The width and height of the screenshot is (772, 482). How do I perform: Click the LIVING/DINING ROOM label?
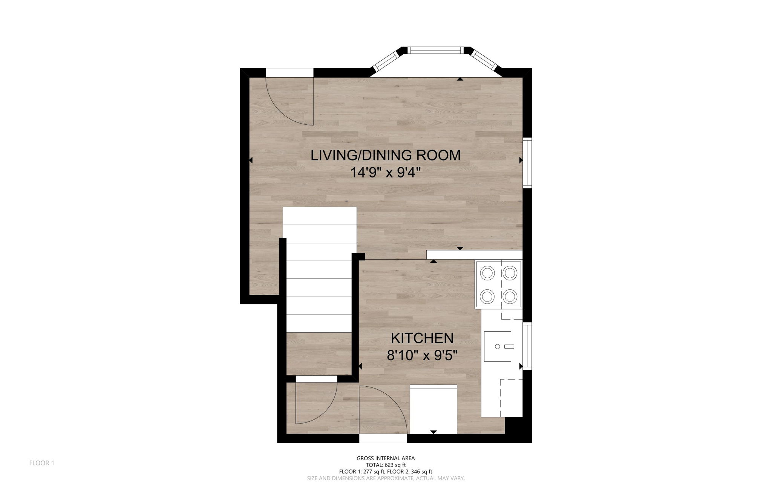[385, 155]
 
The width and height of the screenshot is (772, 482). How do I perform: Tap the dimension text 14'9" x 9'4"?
[385, 173]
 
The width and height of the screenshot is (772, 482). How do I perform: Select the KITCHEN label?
[422, 338]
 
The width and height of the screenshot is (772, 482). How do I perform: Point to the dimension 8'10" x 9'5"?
[422, 355]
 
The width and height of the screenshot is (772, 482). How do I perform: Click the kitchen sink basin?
[497, 346]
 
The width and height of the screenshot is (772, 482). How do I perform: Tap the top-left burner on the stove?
[487, 273]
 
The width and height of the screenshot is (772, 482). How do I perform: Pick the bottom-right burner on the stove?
[510, 297]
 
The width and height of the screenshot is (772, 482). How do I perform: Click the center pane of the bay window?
[436, 50]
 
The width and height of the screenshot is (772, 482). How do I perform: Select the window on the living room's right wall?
[527, 163]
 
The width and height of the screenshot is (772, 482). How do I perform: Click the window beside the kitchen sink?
[527, 346]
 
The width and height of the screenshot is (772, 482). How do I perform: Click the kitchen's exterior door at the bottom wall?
[383, 439]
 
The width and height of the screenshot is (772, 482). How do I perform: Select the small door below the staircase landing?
[316, 379]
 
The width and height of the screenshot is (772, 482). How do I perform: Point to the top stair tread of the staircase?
[320, 216]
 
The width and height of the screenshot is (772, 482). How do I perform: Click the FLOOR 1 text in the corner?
[42, 463]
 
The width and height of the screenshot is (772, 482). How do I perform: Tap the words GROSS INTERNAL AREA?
[386, 458]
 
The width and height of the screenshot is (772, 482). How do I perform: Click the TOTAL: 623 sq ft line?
[386, 465]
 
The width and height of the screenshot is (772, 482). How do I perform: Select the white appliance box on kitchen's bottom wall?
[433, 409]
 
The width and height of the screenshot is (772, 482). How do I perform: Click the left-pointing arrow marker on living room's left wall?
[251, 160]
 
